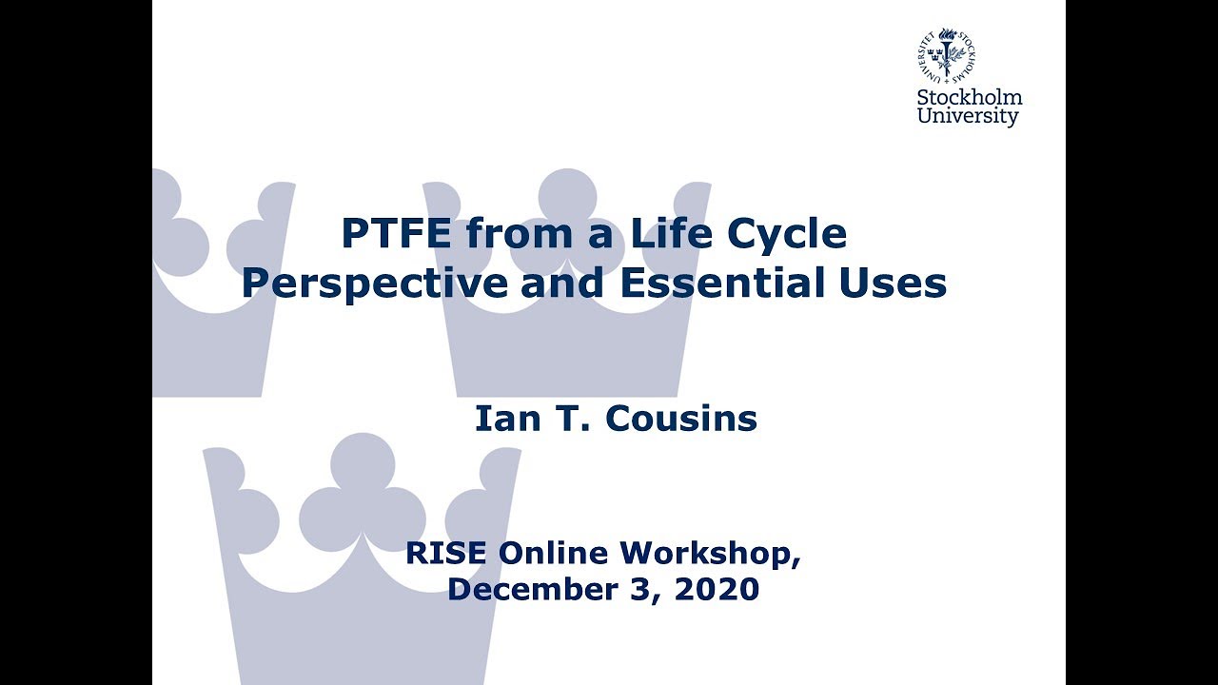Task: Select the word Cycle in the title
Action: pyautogui.click(x=786, y=234)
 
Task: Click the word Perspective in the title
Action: pyautogui.click(x=374, y=284)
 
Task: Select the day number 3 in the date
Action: pyautogui.click(x=650, y=589)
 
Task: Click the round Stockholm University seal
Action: pyautogui.click(x=946, y=53)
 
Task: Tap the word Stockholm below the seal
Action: pyautogui.click(x=970, y=97)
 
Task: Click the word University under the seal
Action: pyautogui.click(x=968, y=117)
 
